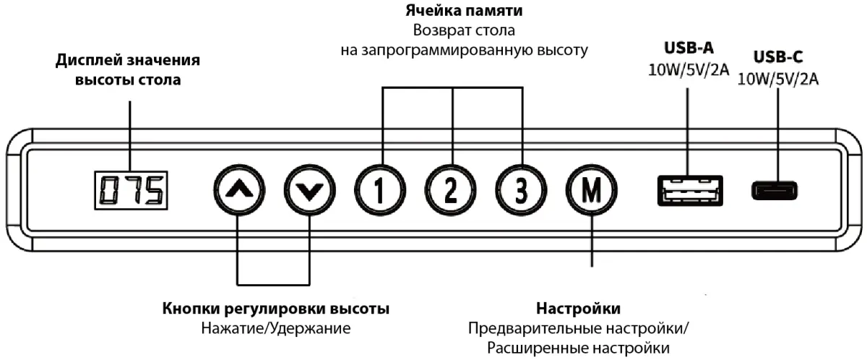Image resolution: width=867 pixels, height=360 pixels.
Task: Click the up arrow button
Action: tap(239, 190)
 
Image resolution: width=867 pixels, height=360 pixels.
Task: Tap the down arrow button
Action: tap(310, 190)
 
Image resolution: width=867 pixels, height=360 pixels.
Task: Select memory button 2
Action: tap(451, 190)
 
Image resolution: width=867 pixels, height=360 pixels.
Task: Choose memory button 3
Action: tap(521, 190)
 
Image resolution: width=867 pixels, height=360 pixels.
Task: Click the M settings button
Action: tap(592, 190)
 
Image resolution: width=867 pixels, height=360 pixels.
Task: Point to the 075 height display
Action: tap(131, 190)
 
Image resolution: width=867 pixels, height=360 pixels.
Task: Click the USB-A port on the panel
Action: tap(690, 190)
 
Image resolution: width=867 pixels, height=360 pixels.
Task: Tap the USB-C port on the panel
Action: tap(775, 190)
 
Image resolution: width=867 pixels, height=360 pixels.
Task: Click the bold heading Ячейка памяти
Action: tap(464, 10)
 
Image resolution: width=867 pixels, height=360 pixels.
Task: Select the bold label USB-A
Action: tap(689, 48)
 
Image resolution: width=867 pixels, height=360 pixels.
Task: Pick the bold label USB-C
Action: tap(778, 57)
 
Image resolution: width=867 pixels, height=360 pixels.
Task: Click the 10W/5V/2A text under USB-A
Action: tap(689, 69)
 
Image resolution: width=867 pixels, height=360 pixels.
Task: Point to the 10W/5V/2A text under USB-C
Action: tap(778, 79)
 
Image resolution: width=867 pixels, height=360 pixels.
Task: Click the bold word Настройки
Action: tap(578, 309)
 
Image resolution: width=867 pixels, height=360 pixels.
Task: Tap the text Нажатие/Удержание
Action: tap(275, 328)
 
